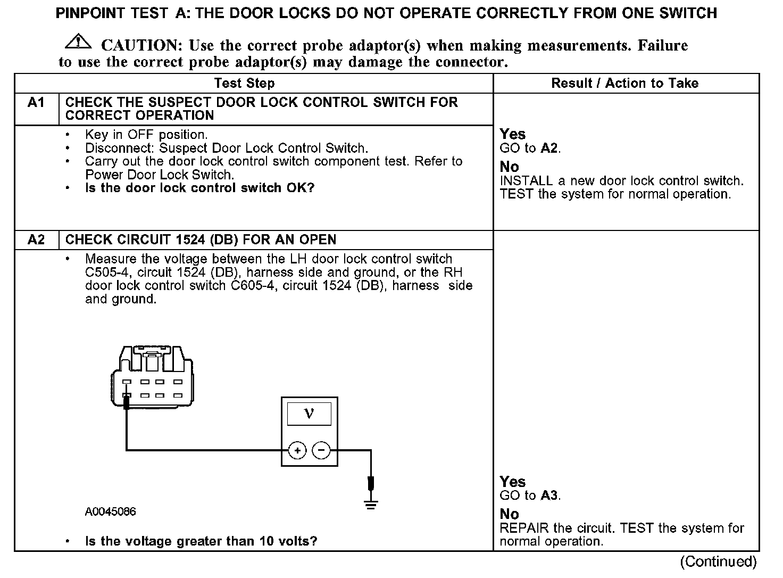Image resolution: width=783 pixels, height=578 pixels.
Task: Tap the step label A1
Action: pos(36,102)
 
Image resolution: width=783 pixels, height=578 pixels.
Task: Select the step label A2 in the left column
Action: pos(36,240)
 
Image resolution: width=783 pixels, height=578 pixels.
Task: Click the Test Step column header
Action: pos(244,83)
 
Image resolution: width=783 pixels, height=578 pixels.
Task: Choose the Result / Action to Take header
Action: pos(624,83)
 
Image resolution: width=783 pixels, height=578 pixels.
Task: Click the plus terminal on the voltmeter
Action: pos(297,451)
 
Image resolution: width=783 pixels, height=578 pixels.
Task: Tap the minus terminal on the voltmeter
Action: pos(321,451)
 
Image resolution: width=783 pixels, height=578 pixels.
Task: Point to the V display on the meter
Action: pos(309,414)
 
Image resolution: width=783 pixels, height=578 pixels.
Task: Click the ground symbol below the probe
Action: pos(371,504)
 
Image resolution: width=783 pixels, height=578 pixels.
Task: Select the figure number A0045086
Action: pos(110,512)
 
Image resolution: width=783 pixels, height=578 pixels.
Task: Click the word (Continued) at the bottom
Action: pos(718,562)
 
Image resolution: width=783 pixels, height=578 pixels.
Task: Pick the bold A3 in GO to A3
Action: pos(549,496)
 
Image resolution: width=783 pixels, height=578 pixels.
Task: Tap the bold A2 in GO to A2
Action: pos(549,148)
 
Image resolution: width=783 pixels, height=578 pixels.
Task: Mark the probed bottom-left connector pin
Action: pos(127,396)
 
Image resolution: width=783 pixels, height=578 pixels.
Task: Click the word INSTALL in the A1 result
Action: pos(526,181)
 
